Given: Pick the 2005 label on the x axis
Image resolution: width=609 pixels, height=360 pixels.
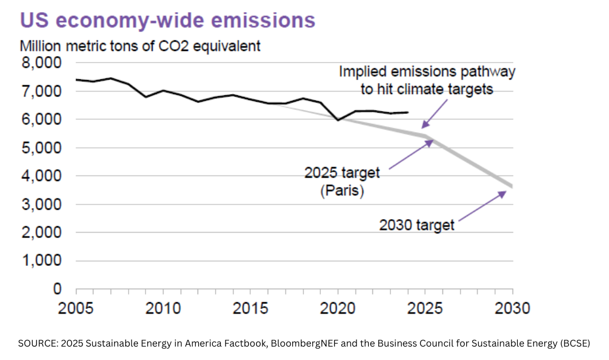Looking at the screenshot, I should (77, 308).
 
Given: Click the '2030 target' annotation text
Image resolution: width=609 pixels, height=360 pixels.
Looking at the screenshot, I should (417, 224).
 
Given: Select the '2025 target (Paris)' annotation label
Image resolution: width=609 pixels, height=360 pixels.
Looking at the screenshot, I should (342, 182).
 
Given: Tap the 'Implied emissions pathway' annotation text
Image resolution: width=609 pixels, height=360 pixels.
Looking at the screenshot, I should (428, 72).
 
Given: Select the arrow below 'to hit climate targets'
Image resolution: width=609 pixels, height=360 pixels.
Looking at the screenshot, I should (435, 113).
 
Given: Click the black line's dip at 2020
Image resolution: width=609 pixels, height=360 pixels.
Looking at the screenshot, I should (338, 120).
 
